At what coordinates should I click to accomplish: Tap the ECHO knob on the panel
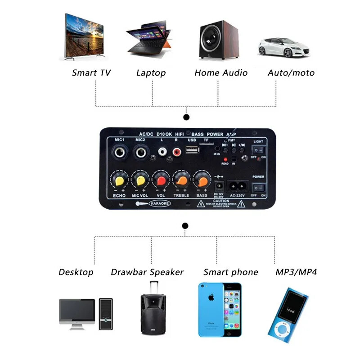[119, 180]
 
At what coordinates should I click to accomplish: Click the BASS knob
[201, 180]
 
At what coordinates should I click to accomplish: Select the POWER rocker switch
[258, 186]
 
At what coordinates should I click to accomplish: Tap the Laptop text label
[151, 73]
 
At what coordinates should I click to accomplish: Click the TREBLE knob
[181, 180]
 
